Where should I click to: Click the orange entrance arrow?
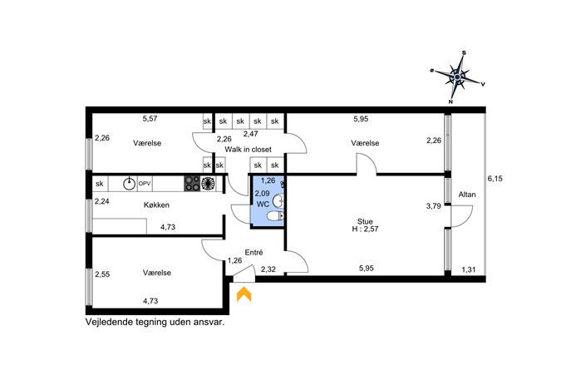pos(244,294)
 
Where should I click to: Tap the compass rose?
pos(458,77)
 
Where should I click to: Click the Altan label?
pos(467,195)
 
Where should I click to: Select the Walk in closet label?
pos(248,150)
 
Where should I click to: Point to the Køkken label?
pos(156,205)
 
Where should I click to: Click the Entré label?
pos(254,253)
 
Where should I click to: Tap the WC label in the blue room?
pos(263,205)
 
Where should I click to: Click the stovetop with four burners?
pos(192,184)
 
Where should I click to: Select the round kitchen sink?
pos(129,184)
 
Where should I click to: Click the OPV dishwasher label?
pos(145,184)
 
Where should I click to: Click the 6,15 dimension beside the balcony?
pos(495,179)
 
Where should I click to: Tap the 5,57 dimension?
pos(150,118)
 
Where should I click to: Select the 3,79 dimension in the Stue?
pos(433,206)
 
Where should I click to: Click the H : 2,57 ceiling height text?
pos(365,229)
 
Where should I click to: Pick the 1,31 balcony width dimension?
pos(469,270)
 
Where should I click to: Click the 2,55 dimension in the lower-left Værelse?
pos(102,274)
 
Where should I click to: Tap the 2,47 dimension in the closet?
pos(250,134)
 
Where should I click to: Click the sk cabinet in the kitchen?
pos(100,184)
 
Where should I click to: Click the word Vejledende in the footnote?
pos(109,323)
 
